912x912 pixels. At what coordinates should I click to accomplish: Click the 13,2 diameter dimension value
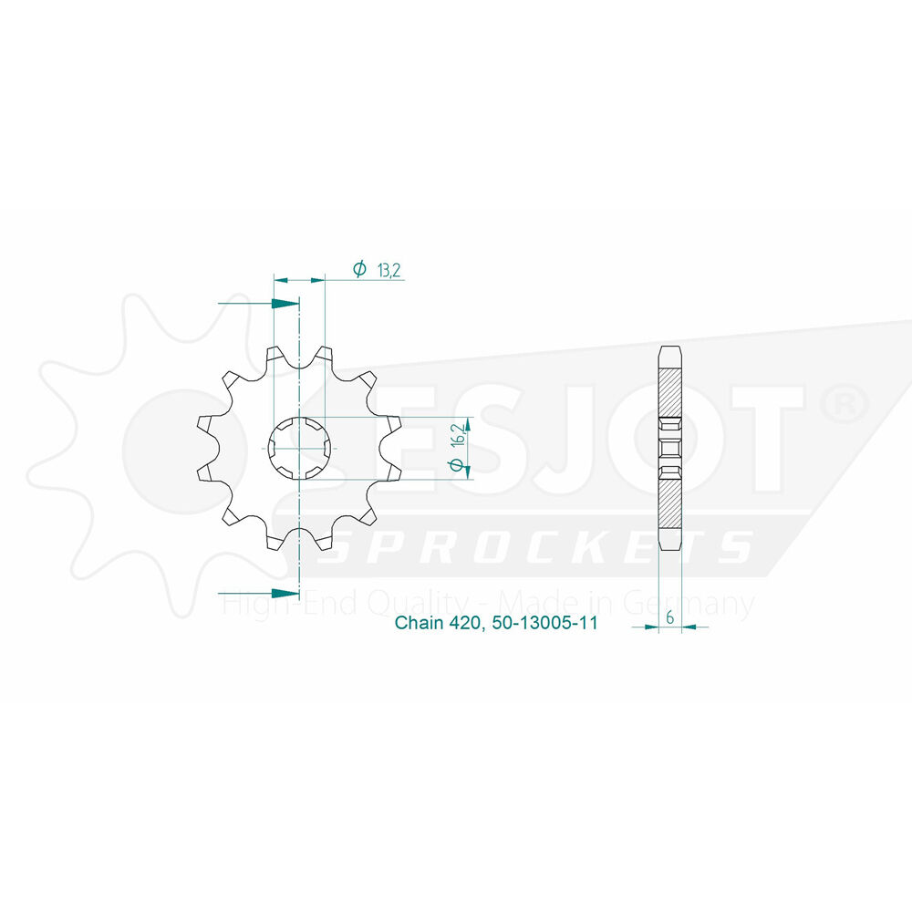click(389, 271)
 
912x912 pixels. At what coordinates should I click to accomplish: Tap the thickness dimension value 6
click(670, 617)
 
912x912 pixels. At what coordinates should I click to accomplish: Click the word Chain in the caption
click(419, 623)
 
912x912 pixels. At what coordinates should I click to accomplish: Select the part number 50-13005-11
click(545, 623)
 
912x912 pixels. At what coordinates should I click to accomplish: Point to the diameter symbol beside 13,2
click(359, 269)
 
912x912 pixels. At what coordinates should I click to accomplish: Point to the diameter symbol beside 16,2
click(457, 465)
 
